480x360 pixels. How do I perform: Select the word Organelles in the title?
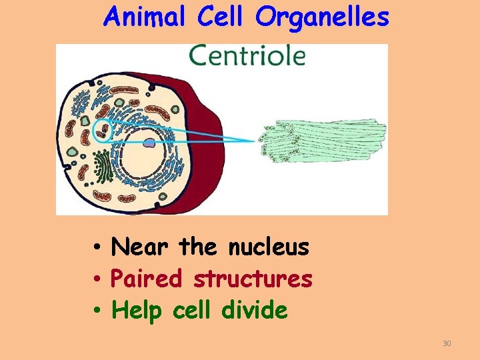(x=321, y=18)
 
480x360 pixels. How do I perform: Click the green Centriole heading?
(x=247, y=56)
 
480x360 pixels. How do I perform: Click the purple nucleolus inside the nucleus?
(x=150, y=142)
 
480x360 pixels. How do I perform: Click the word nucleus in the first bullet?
(x=269, y=248)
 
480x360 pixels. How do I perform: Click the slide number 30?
(x=447, y=343)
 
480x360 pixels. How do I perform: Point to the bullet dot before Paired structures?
(x=97, y=279)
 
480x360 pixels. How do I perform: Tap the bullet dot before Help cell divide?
(x=97, y=310)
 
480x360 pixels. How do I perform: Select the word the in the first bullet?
(x=198, y=247)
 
